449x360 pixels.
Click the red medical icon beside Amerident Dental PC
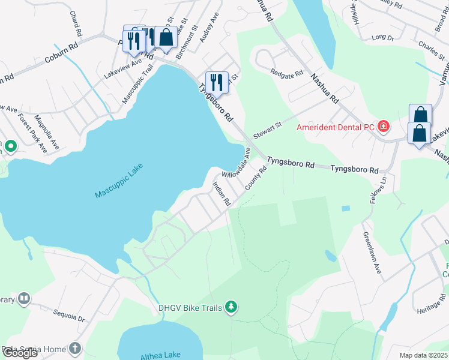click(x=383, y=127)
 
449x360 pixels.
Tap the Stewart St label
click(x=267, y=128)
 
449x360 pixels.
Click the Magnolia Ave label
click(x=46, y=132)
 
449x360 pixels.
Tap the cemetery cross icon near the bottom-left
click(x=74, y=349)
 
